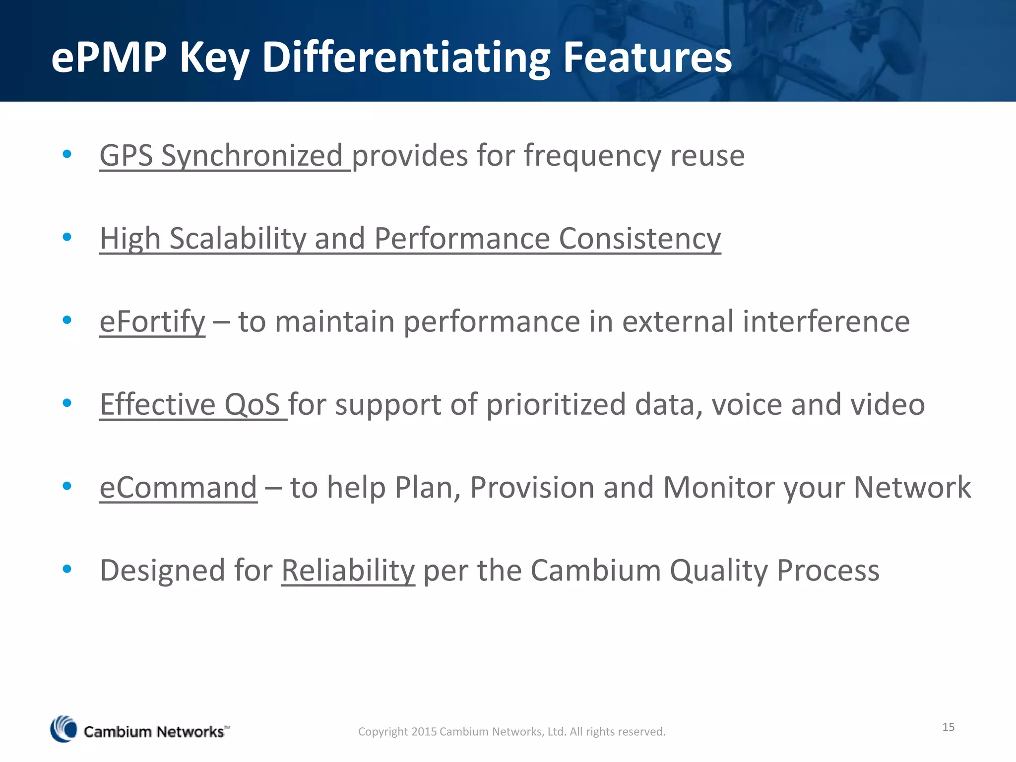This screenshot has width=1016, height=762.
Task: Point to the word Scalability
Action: click(x=238, y=239)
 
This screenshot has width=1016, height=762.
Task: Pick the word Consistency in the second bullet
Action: click(x=639, y=239)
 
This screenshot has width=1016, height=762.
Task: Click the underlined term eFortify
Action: click(x=152, y=321)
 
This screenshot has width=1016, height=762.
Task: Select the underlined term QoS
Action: click(x=252, y=404)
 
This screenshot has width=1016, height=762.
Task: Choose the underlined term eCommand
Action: click(x=178, y=487)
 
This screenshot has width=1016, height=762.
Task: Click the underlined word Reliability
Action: click(x=348, y=570)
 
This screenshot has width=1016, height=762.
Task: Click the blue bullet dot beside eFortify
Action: click(x=67, y=320)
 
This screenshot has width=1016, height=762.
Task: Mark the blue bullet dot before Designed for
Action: click(x=67, y=569)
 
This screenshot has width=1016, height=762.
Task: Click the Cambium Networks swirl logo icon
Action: click(x=63, y=729)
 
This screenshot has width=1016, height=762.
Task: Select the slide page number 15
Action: click(x=948, y=727)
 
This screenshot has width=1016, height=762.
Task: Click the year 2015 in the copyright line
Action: click(x=424, y=731)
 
